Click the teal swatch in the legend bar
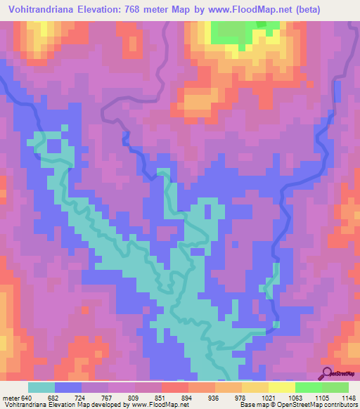pos(41,387)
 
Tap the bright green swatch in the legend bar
pos(308,387)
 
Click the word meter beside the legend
pos(10,397)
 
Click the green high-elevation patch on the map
pos(236,30)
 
